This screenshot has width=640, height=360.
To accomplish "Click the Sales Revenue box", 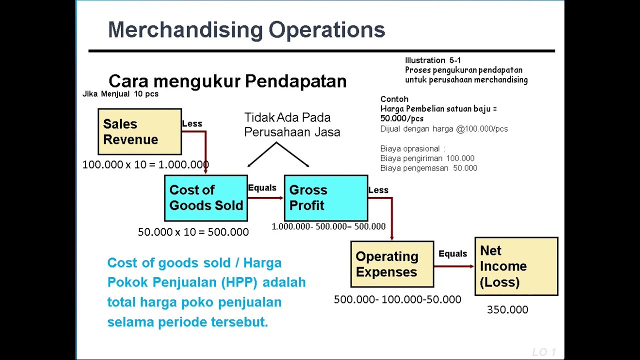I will click(x=139, y=131).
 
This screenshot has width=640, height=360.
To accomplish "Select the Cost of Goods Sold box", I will click(x=206, y=198).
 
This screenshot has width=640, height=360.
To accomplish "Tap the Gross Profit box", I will click(x=325, y=198).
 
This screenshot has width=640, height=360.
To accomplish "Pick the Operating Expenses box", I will click(x=392, y=264).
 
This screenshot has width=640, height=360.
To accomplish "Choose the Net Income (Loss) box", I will click(x=516, y=266).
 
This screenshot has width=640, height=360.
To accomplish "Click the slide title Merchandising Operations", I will click(x=246, y=30).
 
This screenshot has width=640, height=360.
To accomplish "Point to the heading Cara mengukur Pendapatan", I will click(x=227, y=81).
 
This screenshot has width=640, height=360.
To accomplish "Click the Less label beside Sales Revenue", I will click(x=192, y=123).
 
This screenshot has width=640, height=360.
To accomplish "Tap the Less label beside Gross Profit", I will click(x=378, y=190).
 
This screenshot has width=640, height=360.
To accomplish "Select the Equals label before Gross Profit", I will click(x=262, y=187).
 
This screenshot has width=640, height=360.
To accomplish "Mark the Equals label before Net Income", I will click(x=452, y=253).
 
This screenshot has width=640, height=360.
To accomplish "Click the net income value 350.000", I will click(x=507, y=310).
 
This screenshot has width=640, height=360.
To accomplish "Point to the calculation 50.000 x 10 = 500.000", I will click(x=193, y=232).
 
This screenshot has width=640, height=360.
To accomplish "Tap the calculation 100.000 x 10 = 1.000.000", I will click(x=145, y=164).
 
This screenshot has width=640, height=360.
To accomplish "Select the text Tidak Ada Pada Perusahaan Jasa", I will click(x=292, y=124).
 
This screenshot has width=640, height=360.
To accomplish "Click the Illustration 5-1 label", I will click(x=433, y=60).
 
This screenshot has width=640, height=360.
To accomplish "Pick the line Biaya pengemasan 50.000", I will click(x=428, y=168).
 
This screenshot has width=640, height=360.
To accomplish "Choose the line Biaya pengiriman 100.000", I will click(x=427, y=158).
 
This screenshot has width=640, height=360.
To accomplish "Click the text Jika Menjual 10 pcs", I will click(x=120, y=94).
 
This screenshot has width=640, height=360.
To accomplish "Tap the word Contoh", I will click(x=394, y=99).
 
